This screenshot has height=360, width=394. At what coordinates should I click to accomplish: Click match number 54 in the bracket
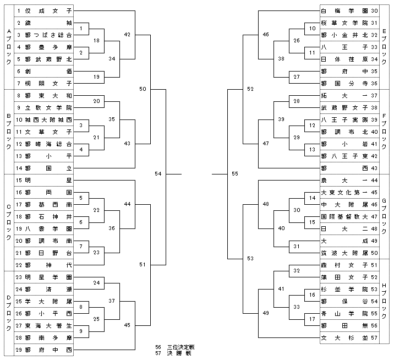pos(158,174)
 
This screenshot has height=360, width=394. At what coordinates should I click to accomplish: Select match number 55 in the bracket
pos(235,174)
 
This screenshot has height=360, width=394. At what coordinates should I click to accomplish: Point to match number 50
pos(143,89)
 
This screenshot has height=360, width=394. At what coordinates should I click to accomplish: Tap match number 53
pos(250,258)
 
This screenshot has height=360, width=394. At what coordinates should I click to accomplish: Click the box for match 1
pos(81,29)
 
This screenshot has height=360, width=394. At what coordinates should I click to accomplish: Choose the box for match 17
pos(311,319)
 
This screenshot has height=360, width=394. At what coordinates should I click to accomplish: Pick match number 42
pos(128,34)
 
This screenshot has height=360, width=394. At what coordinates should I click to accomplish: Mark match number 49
pos(266,313)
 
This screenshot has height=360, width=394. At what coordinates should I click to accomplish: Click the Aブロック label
pos(8,47)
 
